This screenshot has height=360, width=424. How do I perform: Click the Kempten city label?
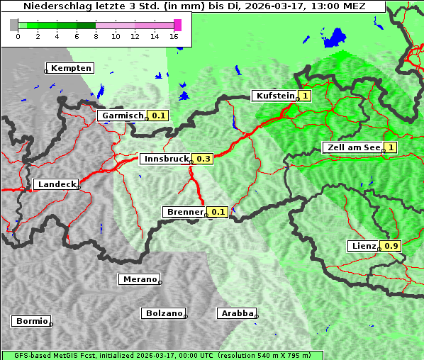point(70,68)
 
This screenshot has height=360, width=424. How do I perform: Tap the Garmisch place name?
point(122,116)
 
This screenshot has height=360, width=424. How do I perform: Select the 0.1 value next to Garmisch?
point(158,116)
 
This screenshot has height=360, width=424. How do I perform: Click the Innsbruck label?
point(165,159)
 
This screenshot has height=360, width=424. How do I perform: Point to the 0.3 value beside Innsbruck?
point(203,159)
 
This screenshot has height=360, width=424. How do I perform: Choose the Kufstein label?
point(274,96)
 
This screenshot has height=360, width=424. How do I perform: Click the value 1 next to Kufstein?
point(305,96)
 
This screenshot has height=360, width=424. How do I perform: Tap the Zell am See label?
point(352,147)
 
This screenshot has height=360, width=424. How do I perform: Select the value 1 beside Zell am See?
point(391,147)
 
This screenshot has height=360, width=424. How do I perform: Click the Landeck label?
point(55,184)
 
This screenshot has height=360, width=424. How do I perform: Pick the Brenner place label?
point(184,212)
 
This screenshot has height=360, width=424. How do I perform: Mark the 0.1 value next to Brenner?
point(218,212)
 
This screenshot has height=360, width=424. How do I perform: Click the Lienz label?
point(364,246)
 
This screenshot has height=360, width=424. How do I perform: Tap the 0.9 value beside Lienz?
point(391,246)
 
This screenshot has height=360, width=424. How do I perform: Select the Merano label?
point(138,279)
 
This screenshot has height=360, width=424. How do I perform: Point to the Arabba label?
point(236,313)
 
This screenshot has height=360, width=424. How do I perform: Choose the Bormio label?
point(31,321)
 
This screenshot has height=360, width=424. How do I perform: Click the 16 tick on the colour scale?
point(174,36)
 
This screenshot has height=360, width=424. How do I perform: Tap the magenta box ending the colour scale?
point(177,25)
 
